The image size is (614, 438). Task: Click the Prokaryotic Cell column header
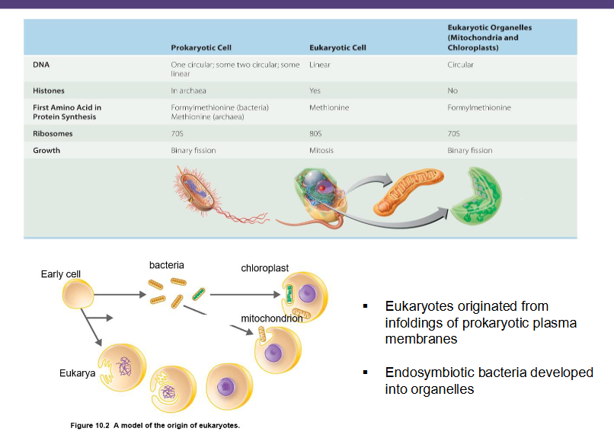coord(201,48)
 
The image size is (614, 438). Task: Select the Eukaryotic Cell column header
coord(337,48)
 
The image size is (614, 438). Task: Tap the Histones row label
coord(49,91)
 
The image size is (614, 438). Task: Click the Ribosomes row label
coord(52,133)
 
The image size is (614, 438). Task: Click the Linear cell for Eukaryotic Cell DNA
coord(320,65)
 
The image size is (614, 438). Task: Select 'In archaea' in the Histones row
coord(190,91)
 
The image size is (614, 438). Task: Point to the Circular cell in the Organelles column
coord(460,65)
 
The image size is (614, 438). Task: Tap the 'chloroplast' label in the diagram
coord(264,268)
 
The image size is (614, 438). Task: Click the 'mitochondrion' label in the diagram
coord(271,318)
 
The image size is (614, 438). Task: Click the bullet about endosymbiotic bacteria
coord(488,381)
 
